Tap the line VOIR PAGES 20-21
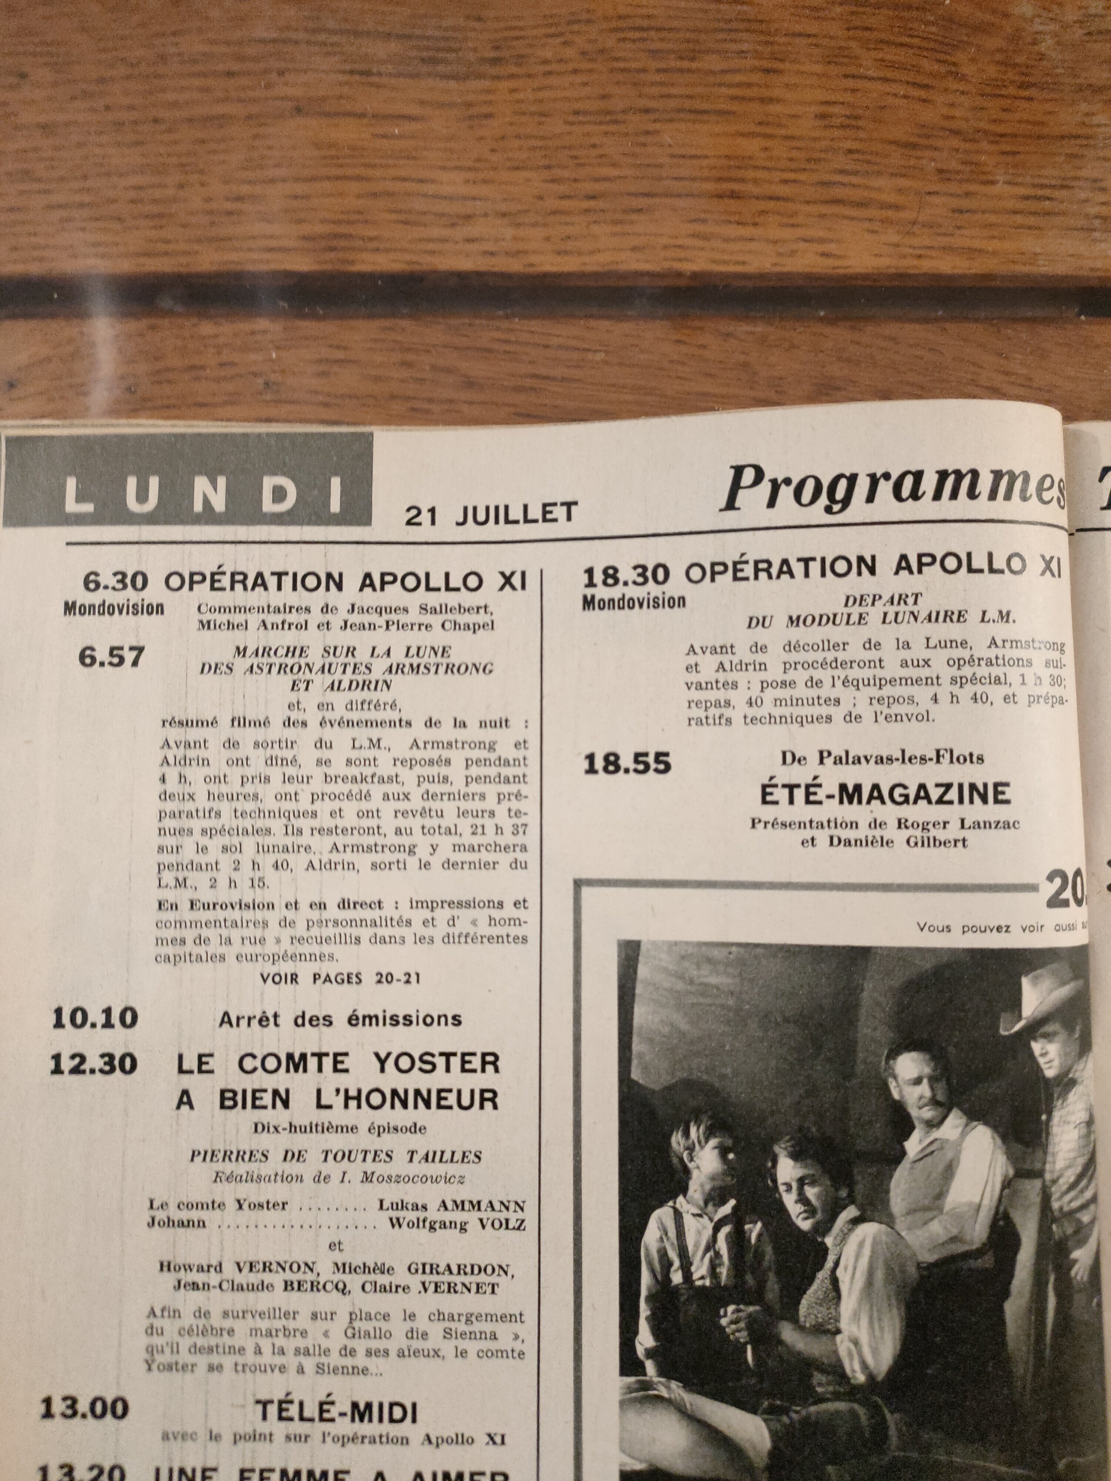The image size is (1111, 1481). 340,978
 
